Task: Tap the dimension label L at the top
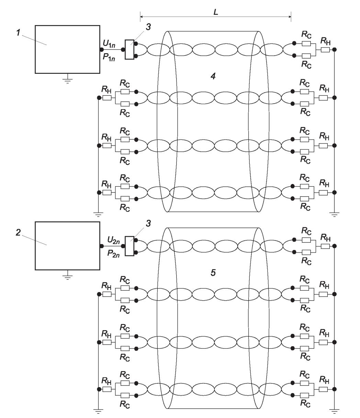(216, 12)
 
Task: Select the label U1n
(109, 43)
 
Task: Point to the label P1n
(109, 57)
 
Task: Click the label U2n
(113, 240)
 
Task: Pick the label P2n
(113, 253)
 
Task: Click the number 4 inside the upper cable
(213, 76)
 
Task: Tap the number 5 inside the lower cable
(213, 273)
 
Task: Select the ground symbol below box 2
(68, 277)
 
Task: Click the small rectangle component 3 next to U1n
(130, 49)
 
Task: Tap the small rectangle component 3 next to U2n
(130, 246)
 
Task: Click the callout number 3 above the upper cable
(148, 27)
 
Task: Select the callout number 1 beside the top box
(18, 33)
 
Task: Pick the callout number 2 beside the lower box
(18, 233)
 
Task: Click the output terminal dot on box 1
(102, 49)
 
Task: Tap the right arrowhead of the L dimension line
(290, 16)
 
